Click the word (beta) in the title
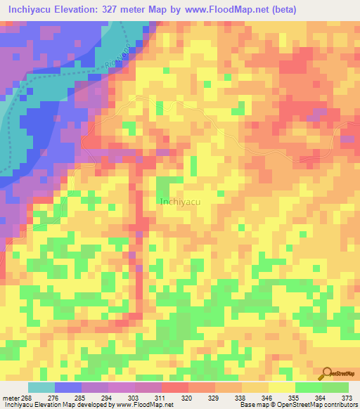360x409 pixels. pyautogui.click(x=278, y=10)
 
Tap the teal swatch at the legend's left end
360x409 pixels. pyautogui.click(x=41, y=387)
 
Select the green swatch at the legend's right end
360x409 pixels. pyautogui.click(x=335, y=387)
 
